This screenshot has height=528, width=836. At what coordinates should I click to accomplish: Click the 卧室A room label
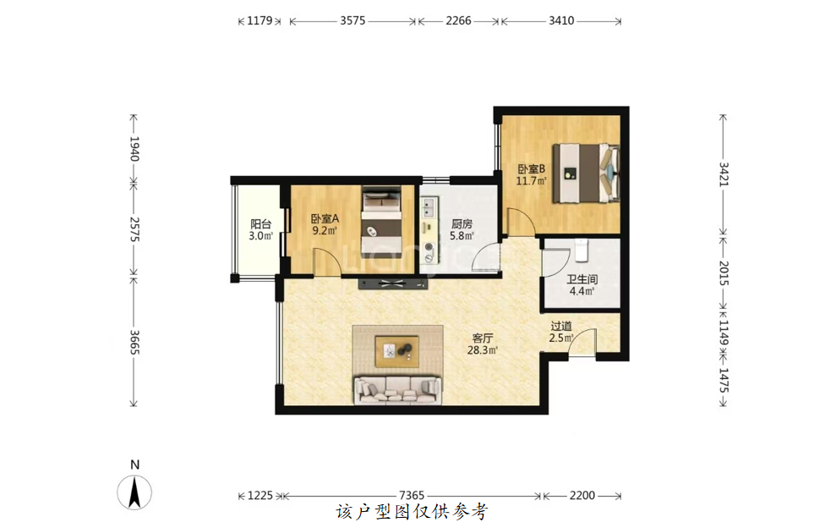pyautogui.click(x=325, y=219)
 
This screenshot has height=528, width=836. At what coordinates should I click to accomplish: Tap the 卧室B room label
pyautogui.click(x=532, y=169)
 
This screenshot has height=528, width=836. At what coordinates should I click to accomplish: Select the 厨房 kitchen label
pyautogui.click(x=462, y=224)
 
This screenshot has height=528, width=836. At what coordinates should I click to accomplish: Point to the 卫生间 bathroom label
pyautogui.click(x=582, y=279)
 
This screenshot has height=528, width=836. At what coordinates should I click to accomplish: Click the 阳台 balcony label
pyautogui.click(x=260, y=224)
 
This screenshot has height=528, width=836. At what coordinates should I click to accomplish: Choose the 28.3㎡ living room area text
pyautogui.click(x=483, y=350)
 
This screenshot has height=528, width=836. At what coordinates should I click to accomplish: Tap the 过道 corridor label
pyautogui.click(x=561, y=326)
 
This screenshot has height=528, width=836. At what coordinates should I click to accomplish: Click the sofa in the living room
pyautogui.click(x=398, y=390)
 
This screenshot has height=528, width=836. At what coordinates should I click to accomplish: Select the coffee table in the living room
pyautogui.click(x=396, y=352)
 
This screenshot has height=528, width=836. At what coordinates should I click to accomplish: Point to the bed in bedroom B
pyautogui.click(x=586, y=173)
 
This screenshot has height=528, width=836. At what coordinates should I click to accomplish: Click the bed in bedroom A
pyautogui.click(x=381, y=222)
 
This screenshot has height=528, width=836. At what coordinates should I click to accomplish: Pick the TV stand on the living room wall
pyautogui.click(x=393, y=283)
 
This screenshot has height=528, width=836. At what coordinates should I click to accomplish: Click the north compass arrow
pyautogui.click(x=135, y=492)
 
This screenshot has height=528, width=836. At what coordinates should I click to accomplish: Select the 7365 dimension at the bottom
pyautogui.click(x=412, y=496)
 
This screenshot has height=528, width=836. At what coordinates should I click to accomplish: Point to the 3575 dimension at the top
pyautogui.click(x=352, y=21)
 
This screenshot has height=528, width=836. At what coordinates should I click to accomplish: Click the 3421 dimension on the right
pyautogui.click(x=724, y=174)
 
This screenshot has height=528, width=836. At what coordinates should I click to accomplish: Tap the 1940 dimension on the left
pyautogui.click(x=134, y=149)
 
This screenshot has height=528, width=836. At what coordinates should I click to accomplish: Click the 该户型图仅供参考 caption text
pyautogui.click(x=412, y=513)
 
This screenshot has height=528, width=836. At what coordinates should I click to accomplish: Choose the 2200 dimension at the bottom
pyautogui.click(x=582, y=496)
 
